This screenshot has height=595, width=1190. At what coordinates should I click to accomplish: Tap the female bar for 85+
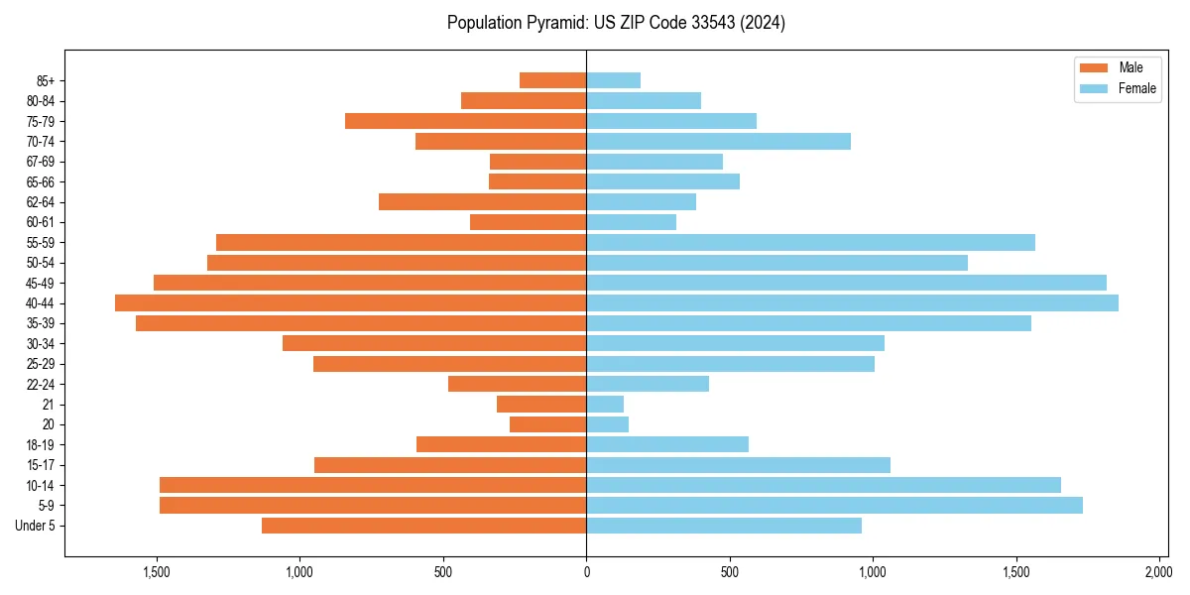point(613,80)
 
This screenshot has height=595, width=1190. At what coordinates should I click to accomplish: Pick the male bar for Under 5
point(423,526)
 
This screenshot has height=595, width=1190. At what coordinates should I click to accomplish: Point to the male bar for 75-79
point(465,121)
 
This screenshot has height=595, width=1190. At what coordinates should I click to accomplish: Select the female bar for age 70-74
point(718,141)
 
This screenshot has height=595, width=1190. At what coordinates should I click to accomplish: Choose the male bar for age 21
point(541,404)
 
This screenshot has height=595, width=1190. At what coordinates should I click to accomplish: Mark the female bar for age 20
point(607,424)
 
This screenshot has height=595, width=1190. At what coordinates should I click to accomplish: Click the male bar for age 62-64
point(482,201)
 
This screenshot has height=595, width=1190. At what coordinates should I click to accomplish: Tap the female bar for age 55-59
point(810,242)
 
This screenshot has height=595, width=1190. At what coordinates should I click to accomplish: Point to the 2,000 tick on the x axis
point(1159,572)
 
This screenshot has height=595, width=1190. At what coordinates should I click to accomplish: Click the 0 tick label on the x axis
point(586,572)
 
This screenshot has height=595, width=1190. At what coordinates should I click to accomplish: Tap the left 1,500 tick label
point(157,572)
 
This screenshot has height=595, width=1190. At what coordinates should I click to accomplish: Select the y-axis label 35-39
point(41,323)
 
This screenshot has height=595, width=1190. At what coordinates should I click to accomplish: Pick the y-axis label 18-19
point(41,444)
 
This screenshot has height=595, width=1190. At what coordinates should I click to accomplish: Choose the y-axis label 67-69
point(41,162)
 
